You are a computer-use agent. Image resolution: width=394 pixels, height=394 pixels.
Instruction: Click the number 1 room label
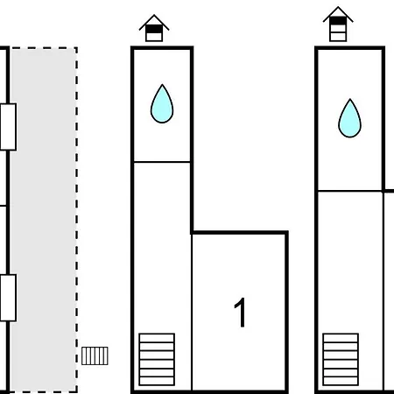click(x=240, y=313)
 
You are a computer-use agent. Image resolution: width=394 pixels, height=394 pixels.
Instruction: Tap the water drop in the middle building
click(x=162, y=104)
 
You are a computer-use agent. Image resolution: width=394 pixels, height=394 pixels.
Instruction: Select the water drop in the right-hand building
click(x=349, y=118)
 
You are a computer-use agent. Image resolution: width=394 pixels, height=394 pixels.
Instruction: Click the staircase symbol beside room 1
click(x=157, y=359)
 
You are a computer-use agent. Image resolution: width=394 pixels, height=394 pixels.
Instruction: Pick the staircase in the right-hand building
click(x=341, y=359)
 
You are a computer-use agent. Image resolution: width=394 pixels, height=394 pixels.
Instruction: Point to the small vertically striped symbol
click(x=95, y=355)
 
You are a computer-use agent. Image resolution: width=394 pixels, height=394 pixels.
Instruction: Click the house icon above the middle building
click(x=154, y=28)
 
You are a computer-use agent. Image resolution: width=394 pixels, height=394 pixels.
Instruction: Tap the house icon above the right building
click(x=338, y=25)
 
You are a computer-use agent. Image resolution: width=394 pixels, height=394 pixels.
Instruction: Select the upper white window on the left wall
click(x=8, y=127)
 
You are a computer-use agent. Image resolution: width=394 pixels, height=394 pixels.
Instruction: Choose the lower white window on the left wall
click(x=8, y=298)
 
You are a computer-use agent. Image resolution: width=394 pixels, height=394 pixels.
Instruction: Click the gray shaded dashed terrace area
click(x=44, y=220)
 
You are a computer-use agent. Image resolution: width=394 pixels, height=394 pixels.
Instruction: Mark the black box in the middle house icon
click(x=154, y=29)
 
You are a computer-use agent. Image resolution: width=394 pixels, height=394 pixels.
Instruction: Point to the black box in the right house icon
click(x=338, y=21)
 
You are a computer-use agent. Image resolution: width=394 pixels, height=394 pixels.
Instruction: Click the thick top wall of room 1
click(x=240, y=233)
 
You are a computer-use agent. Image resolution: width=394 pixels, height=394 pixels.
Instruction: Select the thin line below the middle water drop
click(x=162, y=162)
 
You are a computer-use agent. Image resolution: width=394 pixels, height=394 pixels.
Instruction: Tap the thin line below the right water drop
click(x=349, y=191)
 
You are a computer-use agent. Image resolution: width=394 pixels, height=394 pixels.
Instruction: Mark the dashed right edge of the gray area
click(x=77, y=220)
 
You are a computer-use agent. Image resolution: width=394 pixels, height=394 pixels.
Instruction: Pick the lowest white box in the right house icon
click(x=338, y=37)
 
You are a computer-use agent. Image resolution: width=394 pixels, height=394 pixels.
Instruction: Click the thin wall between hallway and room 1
click(x=192, y=313)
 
